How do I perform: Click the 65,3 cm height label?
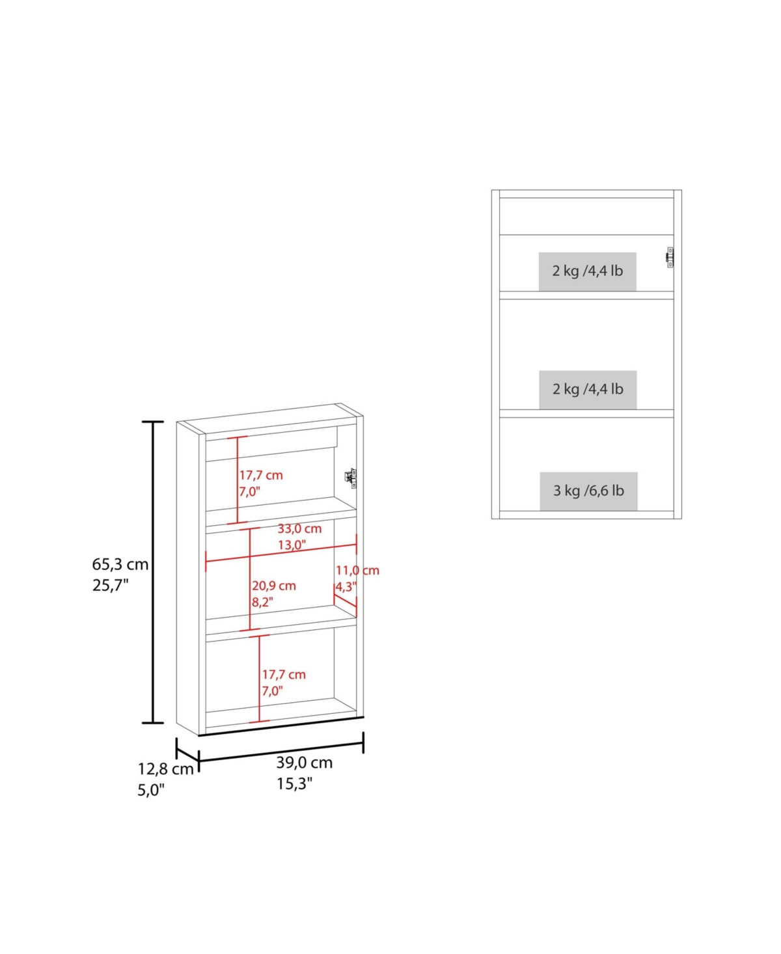(120, 564)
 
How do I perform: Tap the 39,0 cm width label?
(305, 762)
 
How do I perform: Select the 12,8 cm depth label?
(165, 769)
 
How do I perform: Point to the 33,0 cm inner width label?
(299, 528)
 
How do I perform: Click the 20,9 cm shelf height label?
(274, 585)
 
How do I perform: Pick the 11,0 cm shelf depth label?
(357, 570)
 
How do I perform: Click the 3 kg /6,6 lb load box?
(588, 491)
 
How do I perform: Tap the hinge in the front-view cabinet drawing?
(670, 258)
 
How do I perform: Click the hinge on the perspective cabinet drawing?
(351, 478)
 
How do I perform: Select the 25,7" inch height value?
(111, 585)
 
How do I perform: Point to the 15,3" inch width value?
(295, 784)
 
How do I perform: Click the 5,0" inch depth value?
(151, 790)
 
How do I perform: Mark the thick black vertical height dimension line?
(153, 572)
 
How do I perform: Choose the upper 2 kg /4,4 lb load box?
(587, 271)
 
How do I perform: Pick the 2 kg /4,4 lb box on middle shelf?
(588, 389)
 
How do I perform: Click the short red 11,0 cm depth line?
(345, 601)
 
